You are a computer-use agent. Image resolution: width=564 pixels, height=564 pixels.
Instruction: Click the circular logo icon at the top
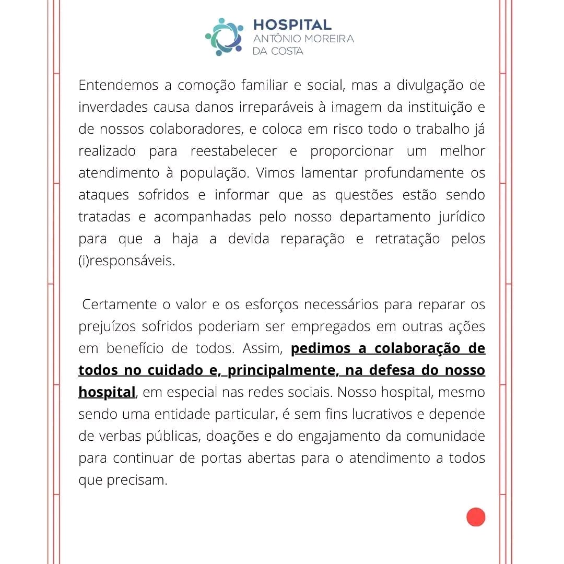pyautogui.click(x=224, y=37)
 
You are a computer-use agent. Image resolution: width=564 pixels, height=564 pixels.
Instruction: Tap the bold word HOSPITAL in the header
pyautogui.click(x=292, y=25)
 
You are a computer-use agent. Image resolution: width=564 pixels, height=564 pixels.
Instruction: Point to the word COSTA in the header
pyautogui.click(x=286, y=51)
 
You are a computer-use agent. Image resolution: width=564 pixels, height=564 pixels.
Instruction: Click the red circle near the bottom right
pyautogui.click(x=476, y=517)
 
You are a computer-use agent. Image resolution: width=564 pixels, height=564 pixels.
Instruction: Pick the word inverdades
pyautogui.click(x=113, y=107)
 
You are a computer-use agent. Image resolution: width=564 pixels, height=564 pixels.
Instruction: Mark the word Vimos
pyautogui.click(x=276, y=173)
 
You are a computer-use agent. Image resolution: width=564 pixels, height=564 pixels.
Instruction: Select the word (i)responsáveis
pyautogui.click(x=126, y=261)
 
